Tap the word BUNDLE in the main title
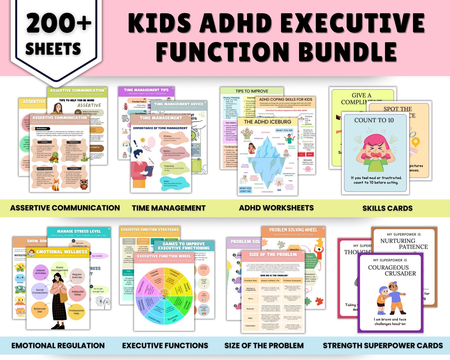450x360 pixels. [x=347, y=51]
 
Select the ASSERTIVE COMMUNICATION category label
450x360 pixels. [x=65, y=208]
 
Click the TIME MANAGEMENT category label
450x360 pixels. [x=169, y=208]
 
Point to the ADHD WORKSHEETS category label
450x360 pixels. [x=276, y=208]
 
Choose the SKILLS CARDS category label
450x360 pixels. [x=387, y=208]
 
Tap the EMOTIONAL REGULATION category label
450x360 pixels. [x=58, y=346]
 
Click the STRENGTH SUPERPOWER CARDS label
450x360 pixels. [x=383, y=346]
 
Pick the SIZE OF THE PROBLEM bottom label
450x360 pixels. [x=264, y=346]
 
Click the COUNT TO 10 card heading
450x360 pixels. [x=374, y=120]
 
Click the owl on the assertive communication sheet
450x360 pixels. [x=84, y=184]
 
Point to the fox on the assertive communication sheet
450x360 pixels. [x=56, y=184]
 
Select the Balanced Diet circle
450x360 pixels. [x=40, y=310]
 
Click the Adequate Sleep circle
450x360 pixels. [x=78, y=293]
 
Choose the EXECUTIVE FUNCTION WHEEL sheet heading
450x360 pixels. [x=164, y=256]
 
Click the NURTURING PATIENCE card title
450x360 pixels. [x=404, y=243]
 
